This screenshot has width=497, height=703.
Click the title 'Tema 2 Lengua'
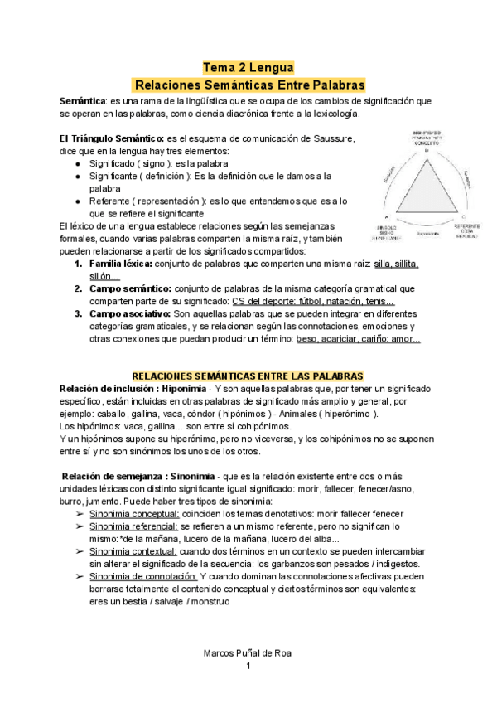tap(248, 68)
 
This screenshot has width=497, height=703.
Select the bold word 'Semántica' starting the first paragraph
tap(82, 100)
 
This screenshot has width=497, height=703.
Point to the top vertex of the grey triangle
tap(427, 160)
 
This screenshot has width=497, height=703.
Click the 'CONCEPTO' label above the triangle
tap(427, 143)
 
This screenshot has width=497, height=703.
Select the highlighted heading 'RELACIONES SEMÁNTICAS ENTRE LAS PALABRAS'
tap(248, 376)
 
